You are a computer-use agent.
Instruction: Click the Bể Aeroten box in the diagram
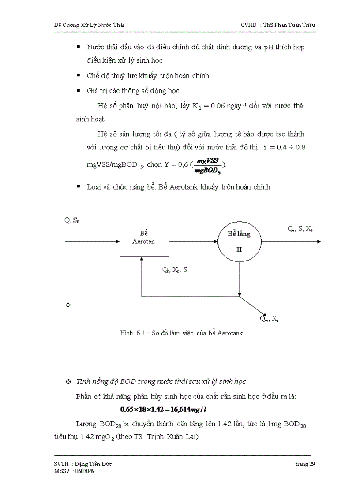pos(143,241)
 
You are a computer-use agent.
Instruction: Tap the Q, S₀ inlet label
pos(72,220)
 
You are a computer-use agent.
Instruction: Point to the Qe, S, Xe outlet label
pos(300,228)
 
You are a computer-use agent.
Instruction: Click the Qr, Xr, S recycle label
pos(174,270)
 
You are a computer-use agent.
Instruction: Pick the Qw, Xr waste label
pos(270,318)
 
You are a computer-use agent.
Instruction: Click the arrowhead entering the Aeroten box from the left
pos(118,242)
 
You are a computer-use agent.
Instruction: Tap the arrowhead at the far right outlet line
pos(319,242)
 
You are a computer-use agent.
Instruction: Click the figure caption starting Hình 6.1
pos(181,333)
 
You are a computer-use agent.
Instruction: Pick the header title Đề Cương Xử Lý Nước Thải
pos(86,25)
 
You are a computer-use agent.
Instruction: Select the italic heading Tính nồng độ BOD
pos(161,381)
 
